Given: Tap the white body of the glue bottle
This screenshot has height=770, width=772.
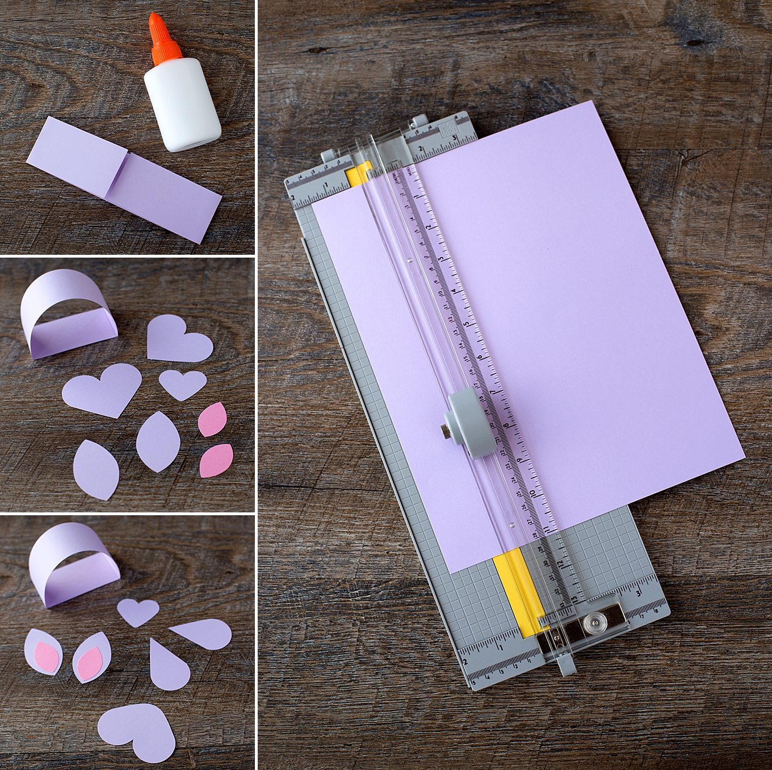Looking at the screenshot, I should point(181,105).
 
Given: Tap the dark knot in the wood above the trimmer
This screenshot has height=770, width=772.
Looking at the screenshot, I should point(691,41).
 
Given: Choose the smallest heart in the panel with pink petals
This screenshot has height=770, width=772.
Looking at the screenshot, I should point(182,384).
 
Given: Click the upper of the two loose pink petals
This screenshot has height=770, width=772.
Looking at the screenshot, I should point(213,419).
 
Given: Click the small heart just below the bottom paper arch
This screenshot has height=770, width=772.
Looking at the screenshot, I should point(138,612).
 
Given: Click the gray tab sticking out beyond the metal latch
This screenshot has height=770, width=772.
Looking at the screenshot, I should point(566,664).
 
